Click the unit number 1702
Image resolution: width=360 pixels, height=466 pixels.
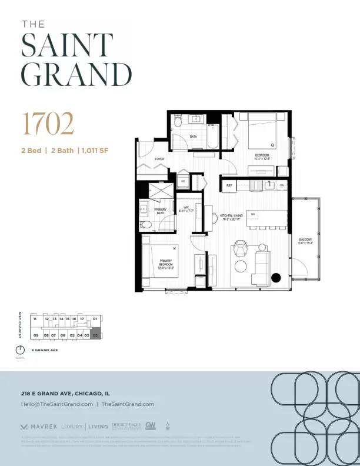tap(48, 124)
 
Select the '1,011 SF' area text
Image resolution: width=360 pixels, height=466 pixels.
tap(95, 151)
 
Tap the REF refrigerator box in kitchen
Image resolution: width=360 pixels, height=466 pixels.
tap(229, 185)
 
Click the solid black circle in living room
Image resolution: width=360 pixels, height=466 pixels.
tap(276, 278)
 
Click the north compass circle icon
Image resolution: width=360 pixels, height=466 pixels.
tap(21, 349)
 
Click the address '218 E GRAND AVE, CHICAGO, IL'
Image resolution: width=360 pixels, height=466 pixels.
tap(65, 393)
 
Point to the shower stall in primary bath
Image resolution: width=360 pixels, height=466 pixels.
tap(157, 192)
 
